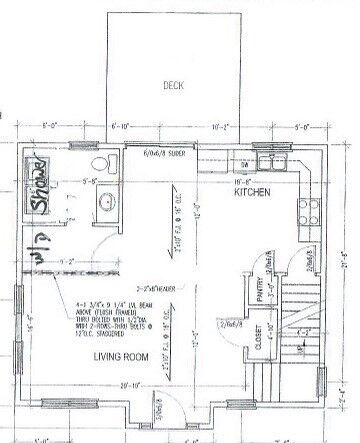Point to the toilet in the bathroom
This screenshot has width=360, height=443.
click(x=98, y=165)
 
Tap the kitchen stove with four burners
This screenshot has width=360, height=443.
click(x=306, y=210)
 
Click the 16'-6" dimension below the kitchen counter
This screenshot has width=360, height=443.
click(x=246, y=183)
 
